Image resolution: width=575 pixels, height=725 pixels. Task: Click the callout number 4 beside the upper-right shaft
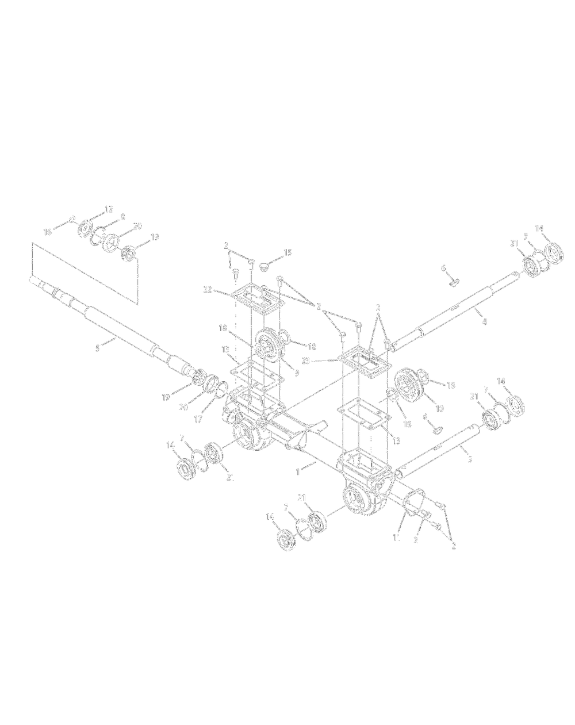click(484, 321)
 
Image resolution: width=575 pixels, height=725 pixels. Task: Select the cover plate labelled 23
click(363, 362)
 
